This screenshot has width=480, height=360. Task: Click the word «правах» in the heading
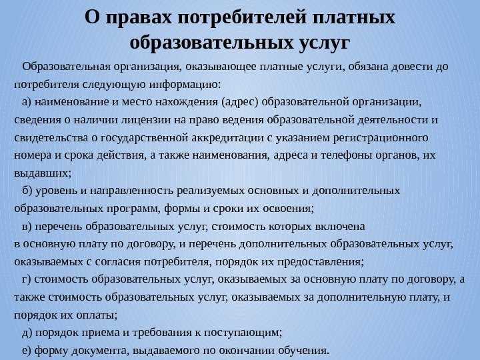tap(139, 18)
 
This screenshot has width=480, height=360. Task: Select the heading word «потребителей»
tap(242, 17)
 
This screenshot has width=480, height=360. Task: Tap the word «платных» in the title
tap(354, 17)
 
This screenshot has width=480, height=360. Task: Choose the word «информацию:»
tap(185, 85)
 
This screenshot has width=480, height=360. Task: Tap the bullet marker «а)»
tap(27, 102)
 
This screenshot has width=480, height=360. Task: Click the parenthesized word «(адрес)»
tap(240, 102)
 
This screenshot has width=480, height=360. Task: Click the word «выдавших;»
tap(43, 173)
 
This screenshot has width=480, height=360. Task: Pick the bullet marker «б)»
tap(27, 191)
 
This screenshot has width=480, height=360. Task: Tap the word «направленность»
tap(131, 191)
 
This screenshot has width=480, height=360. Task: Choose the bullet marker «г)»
tap(26, 280)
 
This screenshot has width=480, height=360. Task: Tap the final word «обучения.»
tap(304, 351)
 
